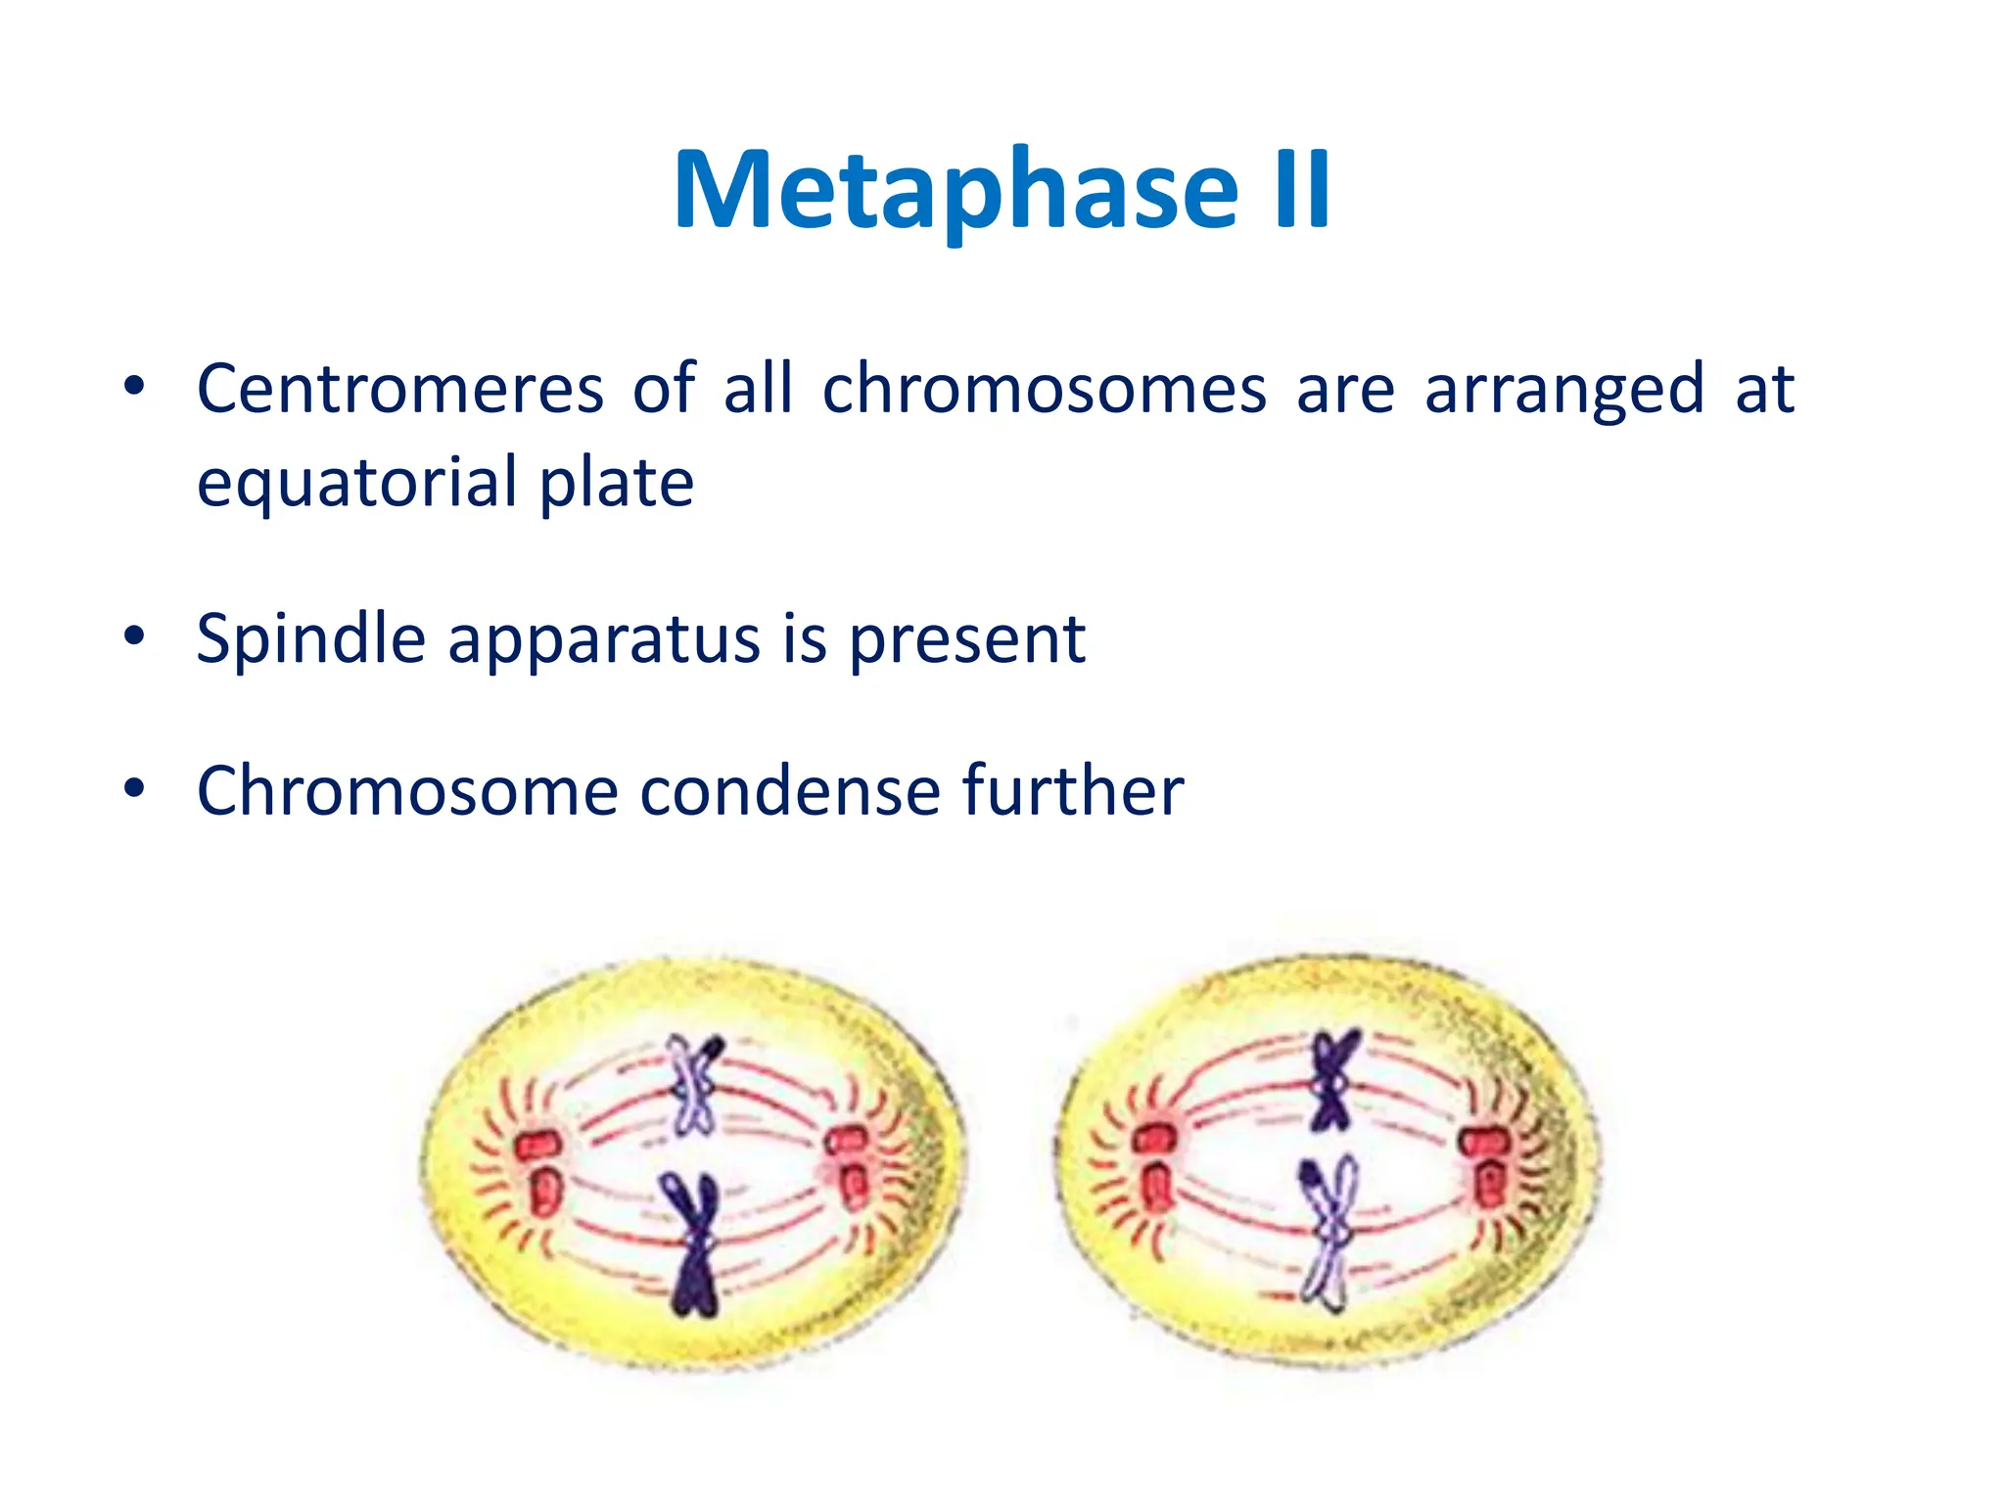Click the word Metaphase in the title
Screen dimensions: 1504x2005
click(956, 191)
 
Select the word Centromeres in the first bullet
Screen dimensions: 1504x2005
click(399, 391)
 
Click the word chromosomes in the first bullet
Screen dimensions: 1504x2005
click(1045, 391)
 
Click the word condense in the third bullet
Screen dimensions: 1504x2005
click(789, 791)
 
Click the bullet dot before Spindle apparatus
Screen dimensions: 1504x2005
click(134, 636)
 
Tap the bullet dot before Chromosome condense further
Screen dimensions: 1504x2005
click(134, 787)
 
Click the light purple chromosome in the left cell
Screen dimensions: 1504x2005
click(694, 1087)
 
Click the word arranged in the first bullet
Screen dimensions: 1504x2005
click(1563, 391)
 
